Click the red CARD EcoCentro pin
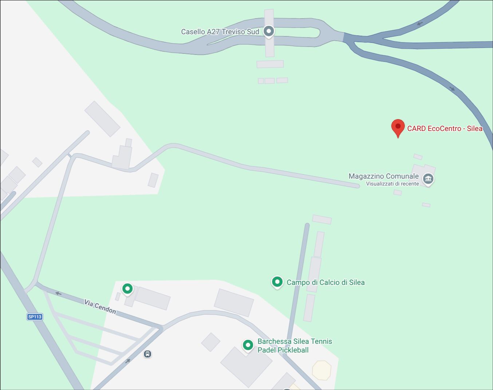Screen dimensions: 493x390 398,127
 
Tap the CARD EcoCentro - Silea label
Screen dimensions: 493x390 445,128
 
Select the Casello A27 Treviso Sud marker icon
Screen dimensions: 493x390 269,31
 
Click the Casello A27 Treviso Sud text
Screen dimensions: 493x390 220,32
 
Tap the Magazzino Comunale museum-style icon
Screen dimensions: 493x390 428,179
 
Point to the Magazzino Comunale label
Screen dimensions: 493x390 383,176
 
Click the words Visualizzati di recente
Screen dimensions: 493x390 392,184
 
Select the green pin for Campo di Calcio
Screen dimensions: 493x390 277,282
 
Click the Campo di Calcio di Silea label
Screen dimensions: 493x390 326,282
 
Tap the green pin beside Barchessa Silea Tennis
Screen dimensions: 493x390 248,345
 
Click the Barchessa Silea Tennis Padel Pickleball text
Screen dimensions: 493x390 295,346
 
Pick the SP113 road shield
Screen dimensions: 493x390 35,317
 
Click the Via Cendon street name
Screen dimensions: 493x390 100,307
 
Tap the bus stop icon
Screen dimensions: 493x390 147,354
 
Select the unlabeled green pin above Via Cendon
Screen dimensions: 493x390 127,289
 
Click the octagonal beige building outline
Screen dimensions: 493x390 322,370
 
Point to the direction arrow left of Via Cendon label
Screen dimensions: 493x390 58,294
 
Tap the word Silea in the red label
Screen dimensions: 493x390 474,128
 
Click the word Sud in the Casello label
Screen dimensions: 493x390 253,32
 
